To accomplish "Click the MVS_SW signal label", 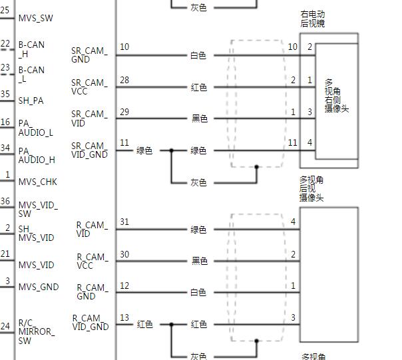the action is (36, 18).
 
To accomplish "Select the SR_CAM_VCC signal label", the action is (89, 87).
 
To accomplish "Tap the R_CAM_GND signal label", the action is (93, 292).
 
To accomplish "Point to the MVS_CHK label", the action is (38, 182).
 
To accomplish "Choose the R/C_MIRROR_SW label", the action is (37, 332).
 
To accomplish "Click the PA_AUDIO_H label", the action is (37, 156).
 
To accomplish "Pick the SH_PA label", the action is (31, 100).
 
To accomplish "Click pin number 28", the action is (124, 80).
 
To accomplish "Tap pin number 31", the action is (124, 222).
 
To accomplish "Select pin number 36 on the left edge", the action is (5, 201).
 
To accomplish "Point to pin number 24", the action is (5, 326).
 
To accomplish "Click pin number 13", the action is (124, 317).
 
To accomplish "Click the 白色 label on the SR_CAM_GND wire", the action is (198, 55).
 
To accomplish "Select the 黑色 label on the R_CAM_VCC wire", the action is (200, 261).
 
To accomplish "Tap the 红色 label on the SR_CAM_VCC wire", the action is (199, 87).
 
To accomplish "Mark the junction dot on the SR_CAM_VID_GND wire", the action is (171, 150).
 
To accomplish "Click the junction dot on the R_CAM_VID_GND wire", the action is (171, 325).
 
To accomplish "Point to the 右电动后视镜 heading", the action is (313, 19).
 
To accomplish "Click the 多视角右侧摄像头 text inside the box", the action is (336, 96).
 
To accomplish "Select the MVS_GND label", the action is (39, 287).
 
